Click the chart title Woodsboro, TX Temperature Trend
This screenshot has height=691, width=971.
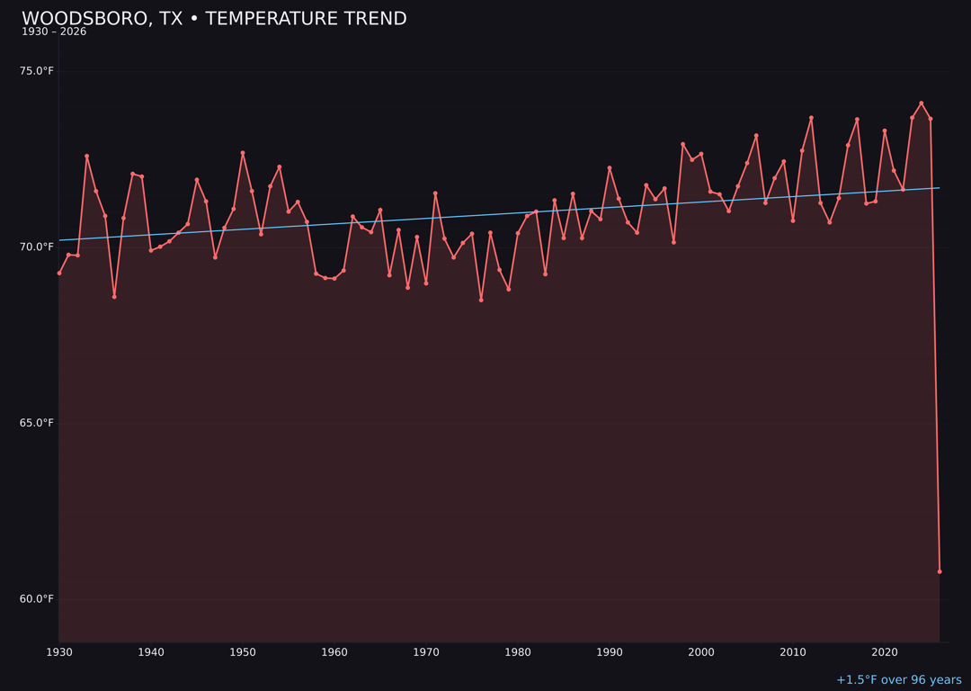(x=214, y=19)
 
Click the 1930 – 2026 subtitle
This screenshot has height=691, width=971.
(x=54, y=31)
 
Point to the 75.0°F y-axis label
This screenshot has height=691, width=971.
(x=37, y=71)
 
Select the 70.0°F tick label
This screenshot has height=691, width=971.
(x=37, y=247)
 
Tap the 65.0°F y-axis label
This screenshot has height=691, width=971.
(x=37, y=423)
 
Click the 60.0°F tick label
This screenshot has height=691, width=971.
(x=37, y=599)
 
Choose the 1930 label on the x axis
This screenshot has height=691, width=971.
(x=59, y=652)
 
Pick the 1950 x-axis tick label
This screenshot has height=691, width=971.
(x=243, y=652)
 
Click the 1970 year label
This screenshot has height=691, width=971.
(x=426, y=652)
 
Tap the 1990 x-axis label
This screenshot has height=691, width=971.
(x=610, y=652)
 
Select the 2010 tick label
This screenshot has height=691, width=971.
(x=793, y=652)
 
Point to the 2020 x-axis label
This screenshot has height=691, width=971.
(x=885, y=652)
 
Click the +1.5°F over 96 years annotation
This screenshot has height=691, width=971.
(x=898, y=680)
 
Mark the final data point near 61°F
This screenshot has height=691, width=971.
(x=940, y=571)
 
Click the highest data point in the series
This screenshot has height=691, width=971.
(x=922, y=103)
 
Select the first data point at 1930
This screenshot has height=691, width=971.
(x=59, y=273)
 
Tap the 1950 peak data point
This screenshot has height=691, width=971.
(x=243, y=153)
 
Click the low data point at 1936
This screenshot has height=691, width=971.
(x=114, y=296)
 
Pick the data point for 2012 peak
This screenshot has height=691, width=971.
(x=811, y=118)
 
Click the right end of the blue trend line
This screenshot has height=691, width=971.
(x=939, y=188)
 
